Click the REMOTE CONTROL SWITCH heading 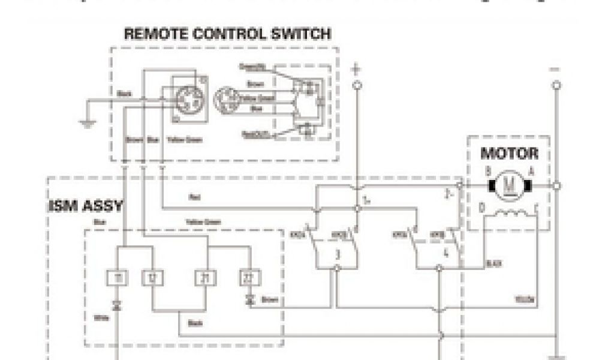pyautogui.click(x=227, y=34)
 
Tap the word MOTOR pyautogui.click(x=509, y=153)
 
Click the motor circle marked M pyautogui.click(x=508, y=186)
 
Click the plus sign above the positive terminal pyautogui.click(x=357, y=69)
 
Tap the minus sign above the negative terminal pyautogui.click(x=556, y=69)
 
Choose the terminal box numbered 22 pyautogui.click(x=249, y=277)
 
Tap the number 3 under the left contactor pyautogui.click(x=338, y=254)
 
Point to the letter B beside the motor pyautogui.click(x=489, y=172)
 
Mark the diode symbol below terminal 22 pyautogui.click(x=249, y=298)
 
